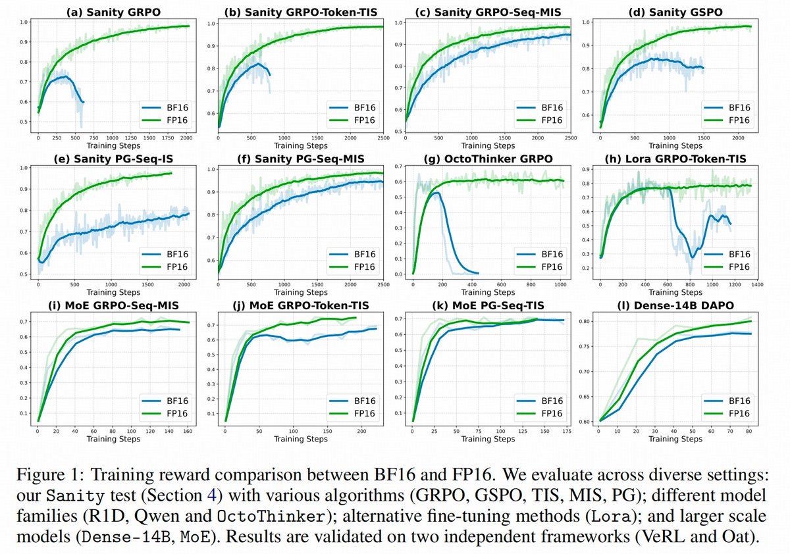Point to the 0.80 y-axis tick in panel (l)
coord(585,321)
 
